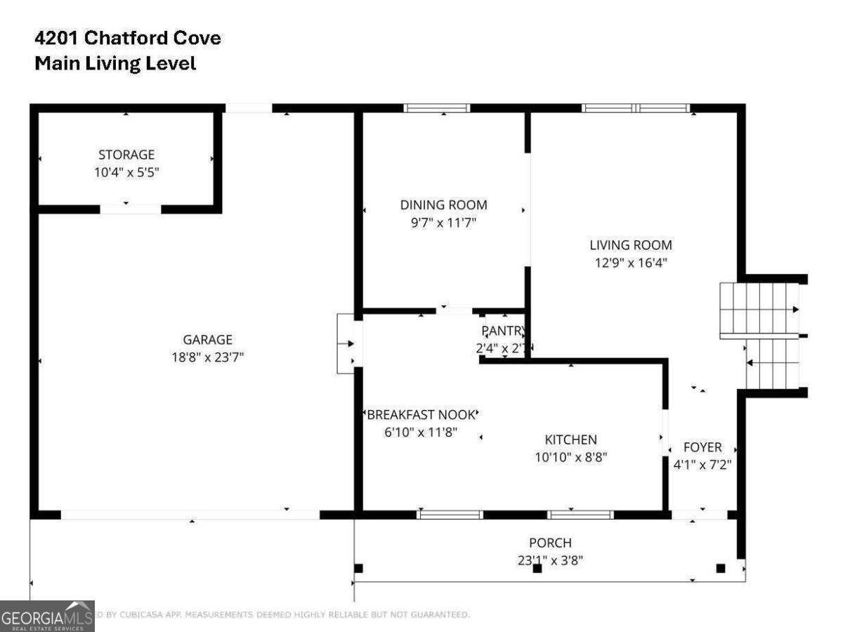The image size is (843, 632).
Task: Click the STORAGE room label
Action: pos(126,154)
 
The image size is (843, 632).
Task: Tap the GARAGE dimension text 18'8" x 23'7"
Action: pos(208,357)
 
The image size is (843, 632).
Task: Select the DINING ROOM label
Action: pos(443,205)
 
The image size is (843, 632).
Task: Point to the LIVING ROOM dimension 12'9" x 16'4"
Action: pos(630,263)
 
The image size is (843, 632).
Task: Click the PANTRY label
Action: pos(503,331)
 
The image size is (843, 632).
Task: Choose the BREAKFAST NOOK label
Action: pos(421,415)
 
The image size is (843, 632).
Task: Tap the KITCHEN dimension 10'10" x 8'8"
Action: pos(571,456)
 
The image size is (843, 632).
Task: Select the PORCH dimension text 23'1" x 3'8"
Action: pos(550,560)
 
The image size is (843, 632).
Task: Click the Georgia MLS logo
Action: pos(47,617)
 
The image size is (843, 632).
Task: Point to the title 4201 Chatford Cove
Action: pos(128,38)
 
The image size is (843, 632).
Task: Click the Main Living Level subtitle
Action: pos(115,63)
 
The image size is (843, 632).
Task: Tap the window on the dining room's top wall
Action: pos(436,108)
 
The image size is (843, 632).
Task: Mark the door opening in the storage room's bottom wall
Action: pos(131,209)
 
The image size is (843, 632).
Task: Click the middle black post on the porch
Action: pos(537,569)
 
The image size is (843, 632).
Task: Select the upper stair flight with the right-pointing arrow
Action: pos(759,309)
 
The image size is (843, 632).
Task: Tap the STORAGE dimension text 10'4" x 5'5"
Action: pos(127,172)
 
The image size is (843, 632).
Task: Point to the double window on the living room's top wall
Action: pos(636,108)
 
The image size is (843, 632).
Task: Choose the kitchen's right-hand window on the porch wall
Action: pos(580,515)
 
